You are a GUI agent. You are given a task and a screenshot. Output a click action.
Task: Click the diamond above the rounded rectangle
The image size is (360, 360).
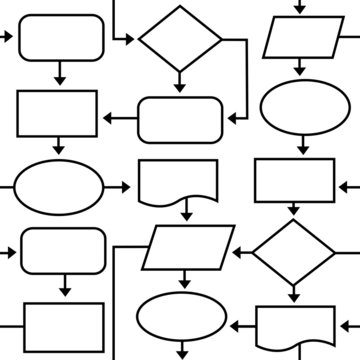[x=180, y=39]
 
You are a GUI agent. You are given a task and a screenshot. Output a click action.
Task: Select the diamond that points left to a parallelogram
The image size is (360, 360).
[x=293, y=253]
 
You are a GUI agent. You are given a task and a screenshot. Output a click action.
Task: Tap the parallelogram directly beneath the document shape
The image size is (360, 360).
[x=188, y=247]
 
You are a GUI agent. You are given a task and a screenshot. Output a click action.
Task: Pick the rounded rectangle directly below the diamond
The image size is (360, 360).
[x=179, y=119]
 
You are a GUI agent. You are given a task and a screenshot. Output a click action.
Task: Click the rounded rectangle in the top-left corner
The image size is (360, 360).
[x=60, y=38]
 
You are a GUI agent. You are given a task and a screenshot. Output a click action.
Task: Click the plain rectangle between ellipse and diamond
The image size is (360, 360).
[x=296, y=180]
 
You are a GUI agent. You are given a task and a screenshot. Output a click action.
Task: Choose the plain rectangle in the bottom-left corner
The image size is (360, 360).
[x=62, y=325]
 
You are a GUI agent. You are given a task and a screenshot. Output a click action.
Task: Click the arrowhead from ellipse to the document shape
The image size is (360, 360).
[x=124, y=187]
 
